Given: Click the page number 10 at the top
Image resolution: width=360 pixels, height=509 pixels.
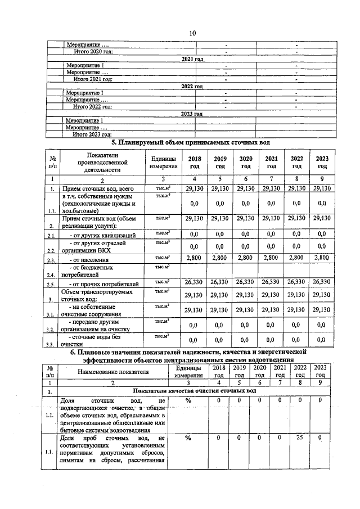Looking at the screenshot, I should coord(192,33).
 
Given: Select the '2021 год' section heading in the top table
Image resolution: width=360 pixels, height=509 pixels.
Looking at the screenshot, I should coord(192,59).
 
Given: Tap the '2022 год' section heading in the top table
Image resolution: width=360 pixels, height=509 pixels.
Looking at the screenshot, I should coord(192,86).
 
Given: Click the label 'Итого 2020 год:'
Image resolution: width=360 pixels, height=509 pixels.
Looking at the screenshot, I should coord(93,52).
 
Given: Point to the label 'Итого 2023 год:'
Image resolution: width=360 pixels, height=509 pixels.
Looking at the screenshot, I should coord(93,134).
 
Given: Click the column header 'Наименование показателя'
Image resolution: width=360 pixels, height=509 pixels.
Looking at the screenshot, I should coord(114,371).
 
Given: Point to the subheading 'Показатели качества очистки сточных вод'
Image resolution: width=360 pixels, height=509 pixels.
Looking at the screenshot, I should coord(194,390).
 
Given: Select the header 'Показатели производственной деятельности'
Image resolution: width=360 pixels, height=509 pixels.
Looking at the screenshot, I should coord(103,162).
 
